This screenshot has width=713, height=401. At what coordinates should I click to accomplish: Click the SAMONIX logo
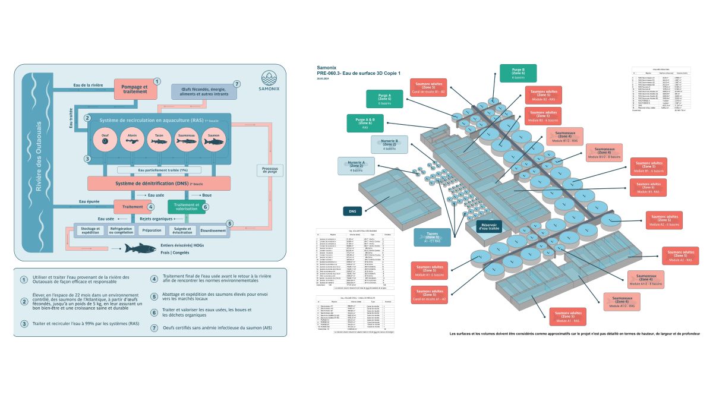click(x=272, y=83)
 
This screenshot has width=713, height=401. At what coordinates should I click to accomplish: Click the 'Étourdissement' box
click(x=213, y=231)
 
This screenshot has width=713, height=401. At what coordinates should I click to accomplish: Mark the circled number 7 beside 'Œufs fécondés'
click(x=237, y=84)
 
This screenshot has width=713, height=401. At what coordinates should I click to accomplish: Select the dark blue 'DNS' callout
click(x=352, y=211)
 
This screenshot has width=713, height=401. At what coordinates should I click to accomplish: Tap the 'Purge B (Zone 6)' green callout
click(x=518, y=73)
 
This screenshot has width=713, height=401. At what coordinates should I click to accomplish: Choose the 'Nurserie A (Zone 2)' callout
click(x=356, y=166)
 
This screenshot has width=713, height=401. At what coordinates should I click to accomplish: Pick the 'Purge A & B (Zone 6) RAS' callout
click(x=365, y=122)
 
